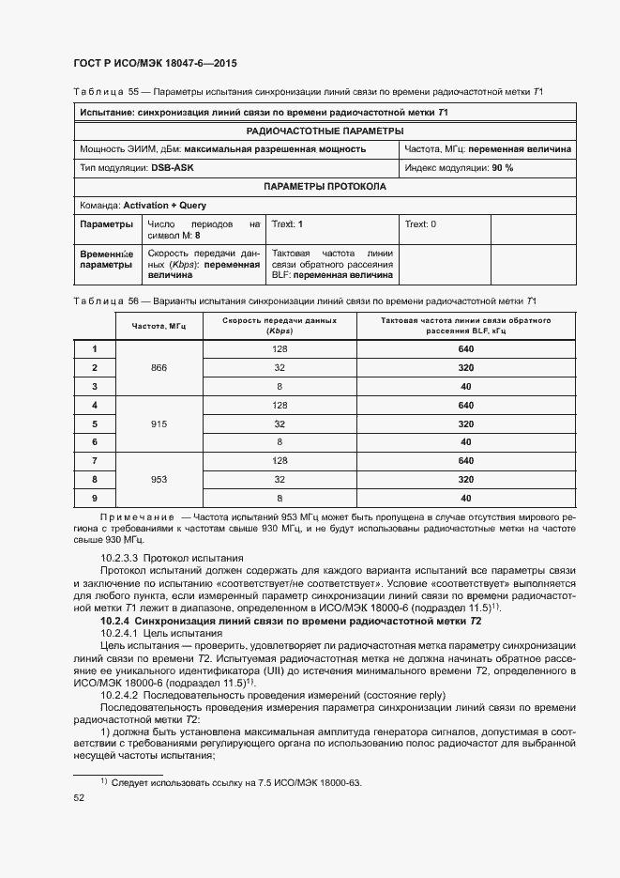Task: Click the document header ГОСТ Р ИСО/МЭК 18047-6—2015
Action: (x=155, y=64)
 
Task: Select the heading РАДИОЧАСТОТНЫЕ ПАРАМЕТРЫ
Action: (x=325, y=131)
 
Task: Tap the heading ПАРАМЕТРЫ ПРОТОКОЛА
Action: (x=325, y=186)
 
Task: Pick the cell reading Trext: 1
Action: (x=287, y=224)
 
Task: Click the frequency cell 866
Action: (x=159, y=368)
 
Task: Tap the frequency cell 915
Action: (x=159, y=424)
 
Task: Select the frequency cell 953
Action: (x=159, y=479)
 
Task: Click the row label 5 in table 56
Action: (x=95, y=424)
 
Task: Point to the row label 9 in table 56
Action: (x=95, y=498)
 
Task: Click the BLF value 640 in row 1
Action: (x=466, y=349)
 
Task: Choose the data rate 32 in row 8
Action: (x=280, y=479)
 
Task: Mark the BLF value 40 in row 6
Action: (x=466, y=442)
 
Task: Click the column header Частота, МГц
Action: (x=159, y=326)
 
